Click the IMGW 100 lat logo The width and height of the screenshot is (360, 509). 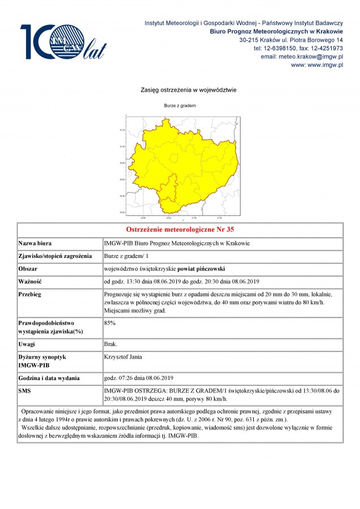pos(63,42)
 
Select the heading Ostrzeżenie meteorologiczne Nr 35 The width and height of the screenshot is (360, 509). pos(179,230)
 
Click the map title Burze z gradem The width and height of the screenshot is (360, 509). pos(180,105)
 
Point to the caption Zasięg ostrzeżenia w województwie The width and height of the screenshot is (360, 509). pos(180,90)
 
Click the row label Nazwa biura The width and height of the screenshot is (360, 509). pos(35,243)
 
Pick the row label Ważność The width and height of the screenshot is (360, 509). pos(31,282)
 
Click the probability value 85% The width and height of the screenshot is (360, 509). pos(110,323)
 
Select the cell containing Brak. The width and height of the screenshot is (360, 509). pos(110,344)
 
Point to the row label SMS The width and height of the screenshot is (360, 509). pos(25,391)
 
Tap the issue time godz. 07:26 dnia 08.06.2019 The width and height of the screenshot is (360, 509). pos(139,378)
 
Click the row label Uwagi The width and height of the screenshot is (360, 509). pos(28,344)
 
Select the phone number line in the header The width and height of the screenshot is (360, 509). pos(298,49)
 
